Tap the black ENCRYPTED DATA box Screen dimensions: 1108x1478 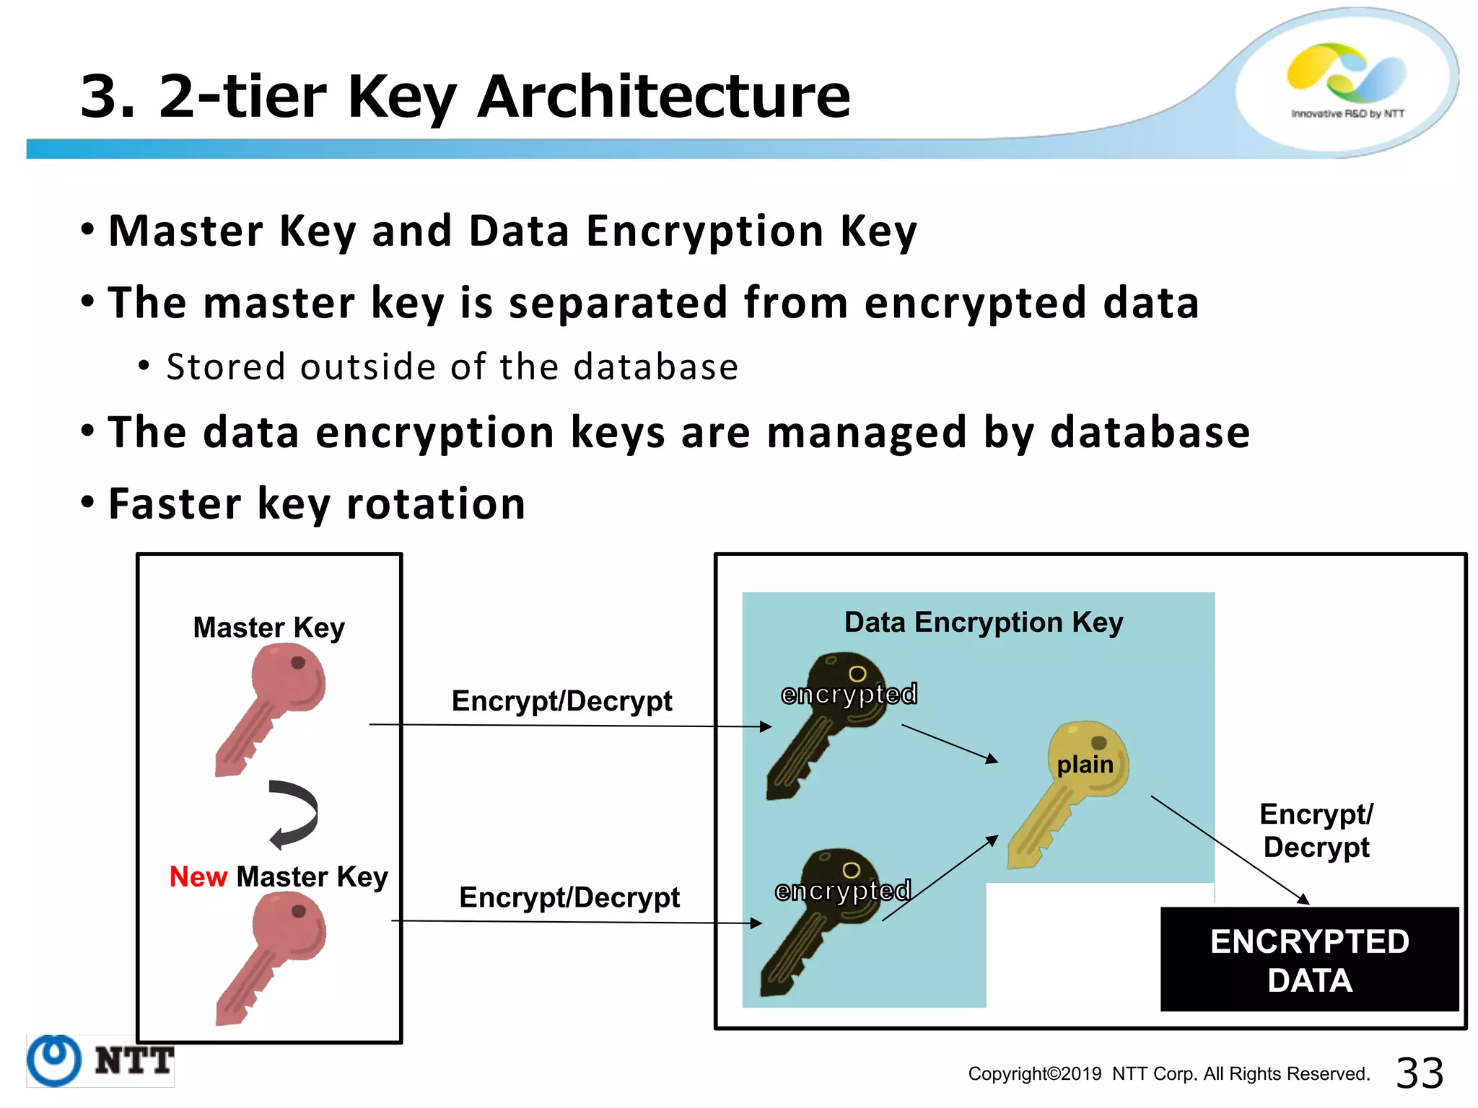tap(1309, 959)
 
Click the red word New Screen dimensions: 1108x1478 tap(198, 876)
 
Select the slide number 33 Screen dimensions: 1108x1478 tap(1419, 1073)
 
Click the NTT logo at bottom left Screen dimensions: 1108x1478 tap(100, 1060)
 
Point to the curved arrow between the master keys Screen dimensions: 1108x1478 tap(294, 814)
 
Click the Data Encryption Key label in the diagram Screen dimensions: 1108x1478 tap(983, 622)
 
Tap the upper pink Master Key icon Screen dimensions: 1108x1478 tap(272, 707)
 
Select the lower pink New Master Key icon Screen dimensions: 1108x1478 tap(272, 956)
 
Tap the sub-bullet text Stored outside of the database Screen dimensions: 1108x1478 tap(452, 366)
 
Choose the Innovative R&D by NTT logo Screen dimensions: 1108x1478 tap(1347, 79)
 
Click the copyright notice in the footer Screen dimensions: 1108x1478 tap(1168, 1073)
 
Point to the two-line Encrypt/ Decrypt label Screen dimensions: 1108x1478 tap(1316, 830)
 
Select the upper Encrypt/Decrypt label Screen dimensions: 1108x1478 tap(561, 700)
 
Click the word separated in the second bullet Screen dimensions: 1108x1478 tap(618, 302)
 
